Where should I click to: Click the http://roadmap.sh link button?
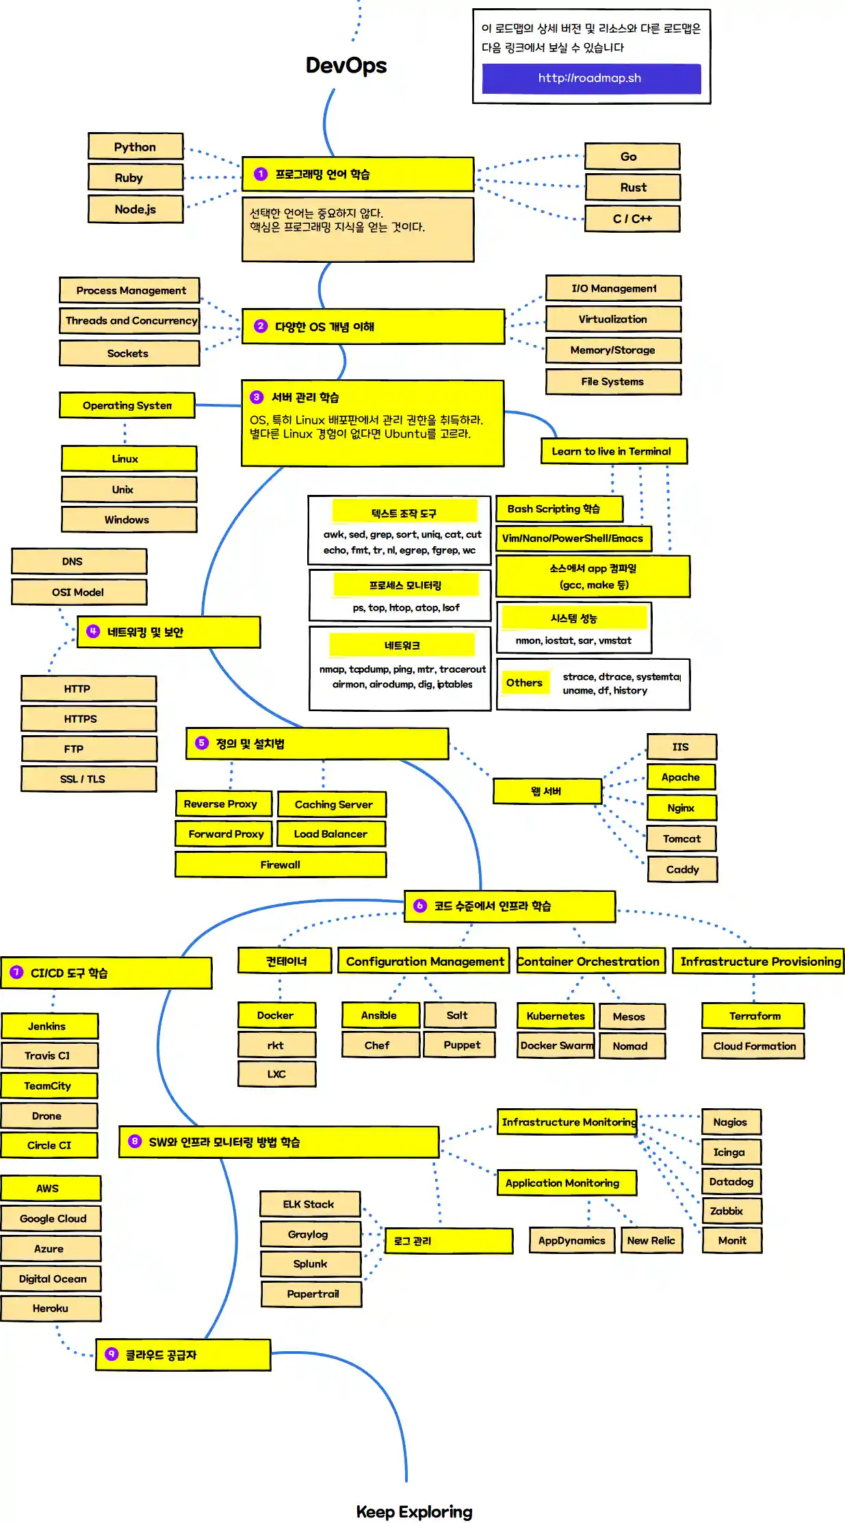pos(591,78)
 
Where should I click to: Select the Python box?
pos(135,146)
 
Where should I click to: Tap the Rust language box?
pos(632,187)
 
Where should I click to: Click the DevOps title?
pos(346,65)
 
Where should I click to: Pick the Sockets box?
pos(129,353)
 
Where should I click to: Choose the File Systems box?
pos(613,381)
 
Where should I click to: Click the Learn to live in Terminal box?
pos(613,451)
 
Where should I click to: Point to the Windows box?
pos(128,520)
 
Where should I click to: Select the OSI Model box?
pos(79,592)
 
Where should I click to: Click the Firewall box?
pos(281,865)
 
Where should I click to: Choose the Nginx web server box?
pos(681,808)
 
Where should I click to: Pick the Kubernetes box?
pos(556,1016)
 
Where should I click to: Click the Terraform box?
pos(753,1016)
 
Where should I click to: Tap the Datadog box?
pos(731,1181)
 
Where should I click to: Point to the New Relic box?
pos(651,1240)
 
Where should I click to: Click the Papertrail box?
pos(311,1294)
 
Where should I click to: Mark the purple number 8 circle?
pos(135,1141)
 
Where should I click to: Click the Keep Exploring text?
pos(414,1512)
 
